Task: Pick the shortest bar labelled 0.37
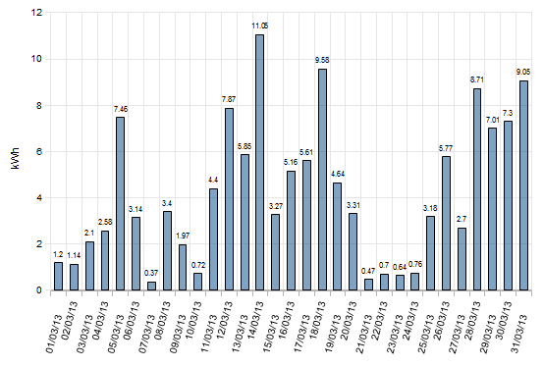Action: pyautogui.click(x=151, y=286)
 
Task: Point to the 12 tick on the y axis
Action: pyautogui.click(x=37, y=13)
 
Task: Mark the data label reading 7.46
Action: pyautogui.click(x=120, y=109)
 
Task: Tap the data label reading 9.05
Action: pyautogui.click(x=523, y=73)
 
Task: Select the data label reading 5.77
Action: pyautogui.click(x=446, y=148)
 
